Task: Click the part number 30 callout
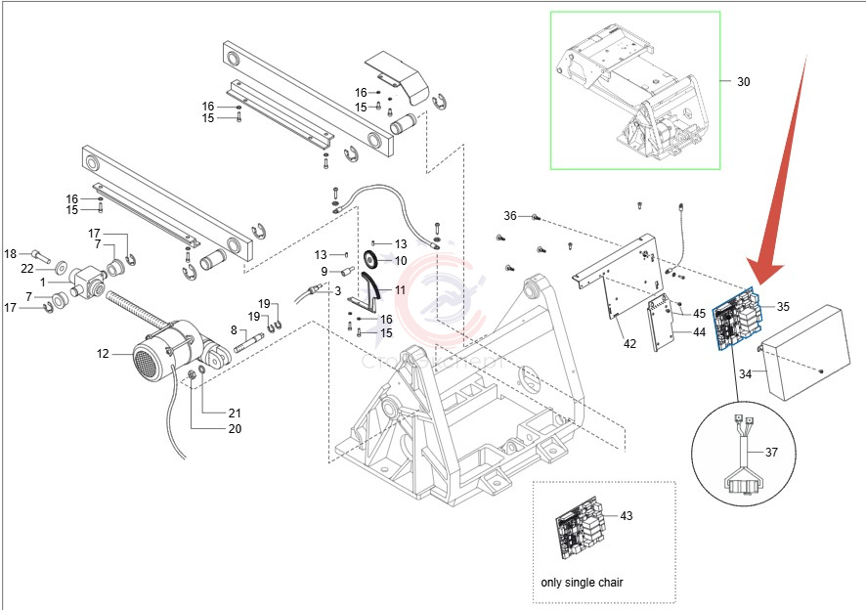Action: [x=744, y=82]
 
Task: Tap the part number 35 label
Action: [x=783, y=306]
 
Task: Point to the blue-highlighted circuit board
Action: [x=739, y=318]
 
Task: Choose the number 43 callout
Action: [x=627, y=515]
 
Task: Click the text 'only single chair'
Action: [x=582, y=583]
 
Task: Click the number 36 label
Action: [x=510, y=216]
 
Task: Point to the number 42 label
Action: [x=629, y=343]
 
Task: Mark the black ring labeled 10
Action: [x=372, y=260]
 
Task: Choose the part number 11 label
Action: [x=400, y=291]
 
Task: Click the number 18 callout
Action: [x=11, y=254]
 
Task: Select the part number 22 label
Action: [x=27, y=269]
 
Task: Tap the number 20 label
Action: [x=235, y=428]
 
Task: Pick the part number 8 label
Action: [x=234, y=331]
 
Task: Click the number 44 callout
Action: [x=699, y=332]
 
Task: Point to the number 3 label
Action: [x=337, y=291]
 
